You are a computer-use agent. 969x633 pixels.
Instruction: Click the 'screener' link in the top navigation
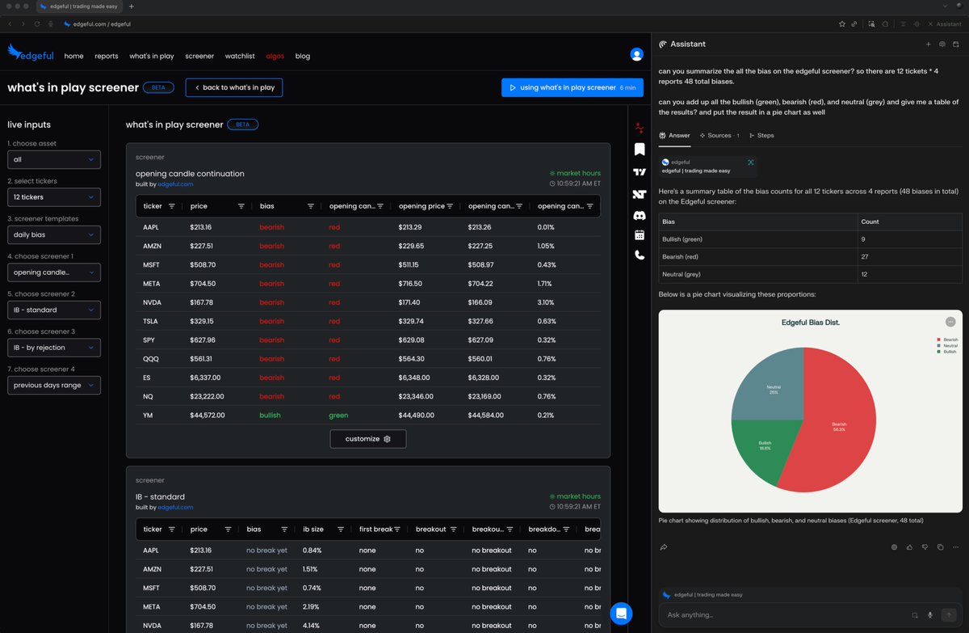pyautogui.click(x=199, y=57)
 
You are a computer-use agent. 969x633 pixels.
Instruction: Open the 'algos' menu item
pyautogui.click(x=275, y=57)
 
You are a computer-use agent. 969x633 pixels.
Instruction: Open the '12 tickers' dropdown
pyautogui.click(x=54, y=197)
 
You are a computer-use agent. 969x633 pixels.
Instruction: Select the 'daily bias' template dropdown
pyautogui.click(x=54, y=235)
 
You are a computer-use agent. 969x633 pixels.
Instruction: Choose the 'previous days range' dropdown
pyautogui.click(x=54, y=386)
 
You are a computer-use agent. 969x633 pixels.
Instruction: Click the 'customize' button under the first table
pyautogui.click(x=367, y=439)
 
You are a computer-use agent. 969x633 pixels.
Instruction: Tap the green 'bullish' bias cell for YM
pyautogui.click(x=271, y=416)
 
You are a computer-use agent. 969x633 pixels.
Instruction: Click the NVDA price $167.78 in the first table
pyautogui.click(x=201, y=302)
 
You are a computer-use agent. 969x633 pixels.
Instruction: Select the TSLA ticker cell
pyautogui.click(x=152, y=321)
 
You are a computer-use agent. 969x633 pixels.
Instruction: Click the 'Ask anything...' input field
pyautogui.click(x=775, y=615)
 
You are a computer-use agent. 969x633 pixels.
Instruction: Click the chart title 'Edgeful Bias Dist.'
pyautogui.click(x=810, y=323)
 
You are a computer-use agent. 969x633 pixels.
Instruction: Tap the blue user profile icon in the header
pyautogui.click(x=636, y=55)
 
